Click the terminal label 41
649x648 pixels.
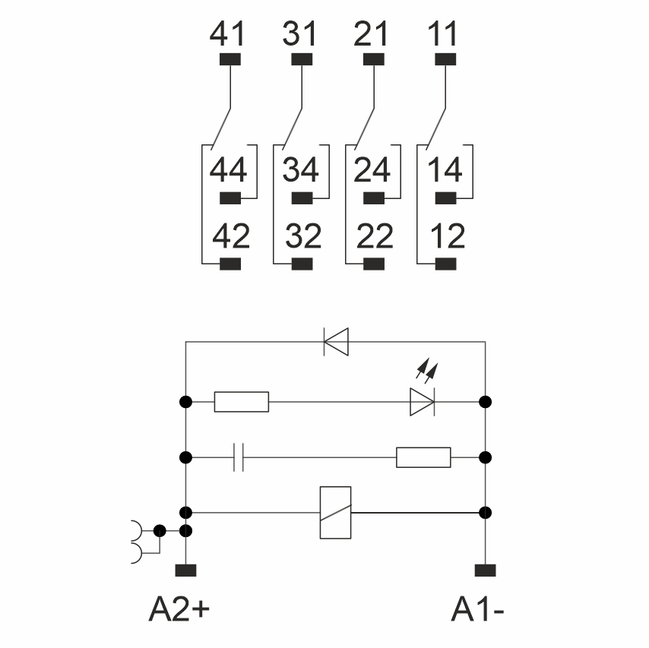tap(229, 34)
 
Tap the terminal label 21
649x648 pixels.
tap(372, 34)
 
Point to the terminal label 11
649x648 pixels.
tap(443, 34)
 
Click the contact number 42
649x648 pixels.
tap(230, 237)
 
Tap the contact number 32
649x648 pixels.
tap(303, 237)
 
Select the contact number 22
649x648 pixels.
tap(374, 237)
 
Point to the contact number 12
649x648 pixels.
tap(446, 237)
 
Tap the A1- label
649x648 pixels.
tap(479, 608)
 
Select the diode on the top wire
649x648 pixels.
tap(336, 341)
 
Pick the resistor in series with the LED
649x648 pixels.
tap(242, 401)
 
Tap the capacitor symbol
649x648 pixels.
tap(238, 458)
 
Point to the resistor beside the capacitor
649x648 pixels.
tap(423, 458)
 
